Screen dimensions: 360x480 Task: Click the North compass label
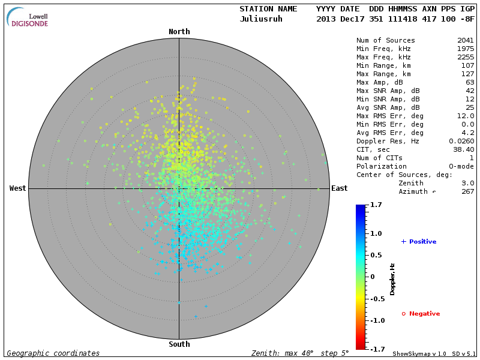coord(179,32)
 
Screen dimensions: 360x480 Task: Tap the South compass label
coord(179,344)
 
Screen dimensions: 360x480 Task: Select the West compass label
coord(18,188)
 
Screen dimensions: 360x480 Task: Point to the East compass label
coord(339,188)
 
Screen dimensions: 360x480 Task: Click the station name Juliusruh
coord(260,19)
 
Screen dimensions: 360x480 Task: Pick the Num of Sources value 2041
coord(465,40)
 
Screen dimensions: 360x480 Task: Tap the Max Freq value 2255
coord(465,57)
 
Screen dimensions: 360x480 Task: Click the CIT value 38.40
coord(463,149)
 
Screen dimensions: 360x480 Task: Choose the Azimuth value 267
coord(467,191)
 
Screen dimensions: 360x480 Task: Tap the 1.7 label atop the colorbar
coord(376,205)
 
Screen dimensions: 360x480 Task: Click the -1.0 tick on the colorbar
coord(376,320)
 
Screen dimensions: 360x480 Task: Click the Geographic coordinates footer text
coord(53,353)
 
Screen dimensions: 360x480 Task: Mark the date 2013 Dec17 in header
coord(338,19)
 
